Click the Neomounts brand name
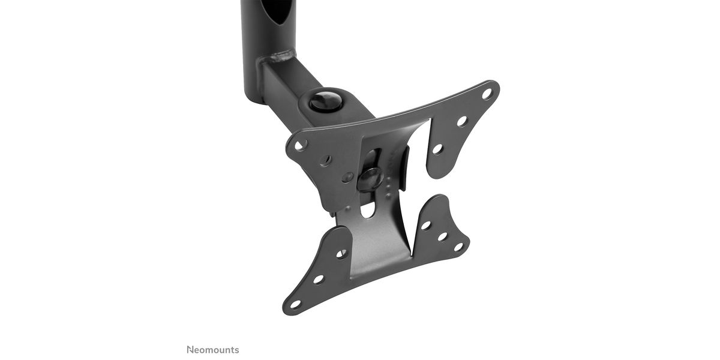tap(213, 350)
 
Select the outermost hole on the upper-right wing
tap(487, 94)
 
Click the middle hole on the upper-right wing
tap(462, 121)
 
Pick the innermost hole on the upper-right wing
tap(437, 149)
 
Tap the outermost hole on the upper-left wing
tap(299, 146)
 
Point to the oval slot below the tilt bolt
tap(368, 209)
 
